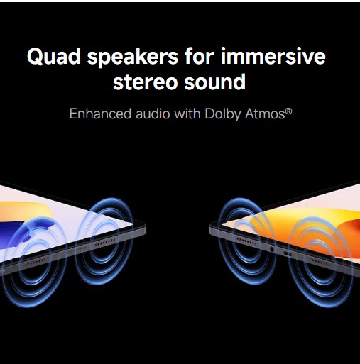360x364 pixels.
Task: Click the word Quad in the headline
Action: pos(54,57)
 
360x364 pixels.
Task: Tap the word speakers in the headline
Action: pos(133,57)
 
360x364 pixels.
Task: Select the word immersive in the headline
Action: pos(273,56)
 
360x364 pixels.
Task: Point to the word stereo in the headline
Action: pos(146,82)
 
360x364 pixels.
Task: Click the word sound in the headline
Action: pos(214,81)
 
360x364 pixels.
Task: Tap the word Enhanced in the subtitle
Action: pos(100,114)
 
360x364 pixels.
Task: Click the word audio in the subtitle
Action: pos(153,114)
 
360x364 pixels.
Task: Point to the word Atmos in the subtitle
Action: pos(265,114)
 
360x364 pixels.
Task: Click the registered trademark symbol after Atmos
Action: pos(289,111)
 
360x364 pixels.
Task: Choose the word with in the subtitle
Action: pos(187,114)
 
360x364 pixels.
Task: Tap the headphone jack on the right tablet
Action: pos(272,249)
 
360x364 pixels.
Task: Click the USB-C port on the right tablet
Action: pos(288,254)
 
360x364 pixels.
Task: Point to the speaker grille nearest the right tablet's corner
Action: pos(246,241)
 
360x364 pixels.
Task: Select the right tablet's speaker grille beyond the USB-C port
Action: pos(320,263)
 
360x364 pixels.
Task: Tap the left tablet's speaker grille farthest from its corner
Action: pos(36,262)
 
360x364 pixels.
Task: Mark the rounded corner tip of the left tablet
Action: pos(145,228)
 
